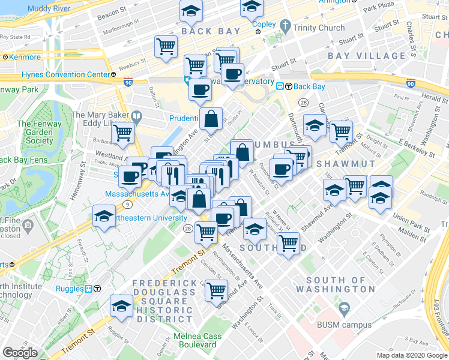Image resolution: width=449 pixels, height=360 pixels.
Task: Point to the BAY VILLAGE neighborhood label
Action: click(359, 55)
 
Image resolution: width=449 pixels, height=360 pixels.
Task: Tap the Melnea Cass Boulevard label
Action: click(194, 340)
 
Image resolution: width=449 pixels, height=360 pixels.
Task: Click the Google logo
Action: click(20, 353)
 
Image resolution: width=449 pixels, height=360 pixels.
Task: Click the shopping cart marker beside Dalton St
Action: click(166, 46)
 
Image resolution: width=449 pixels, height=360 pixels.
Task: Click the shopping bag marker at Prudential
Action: click(211, 118)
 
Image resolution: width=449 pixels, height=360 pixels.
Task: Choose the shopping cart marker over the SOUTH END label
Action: click(289, 244)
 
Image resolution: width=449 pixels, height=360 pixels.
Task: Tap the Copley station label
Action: click(264, 25)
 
